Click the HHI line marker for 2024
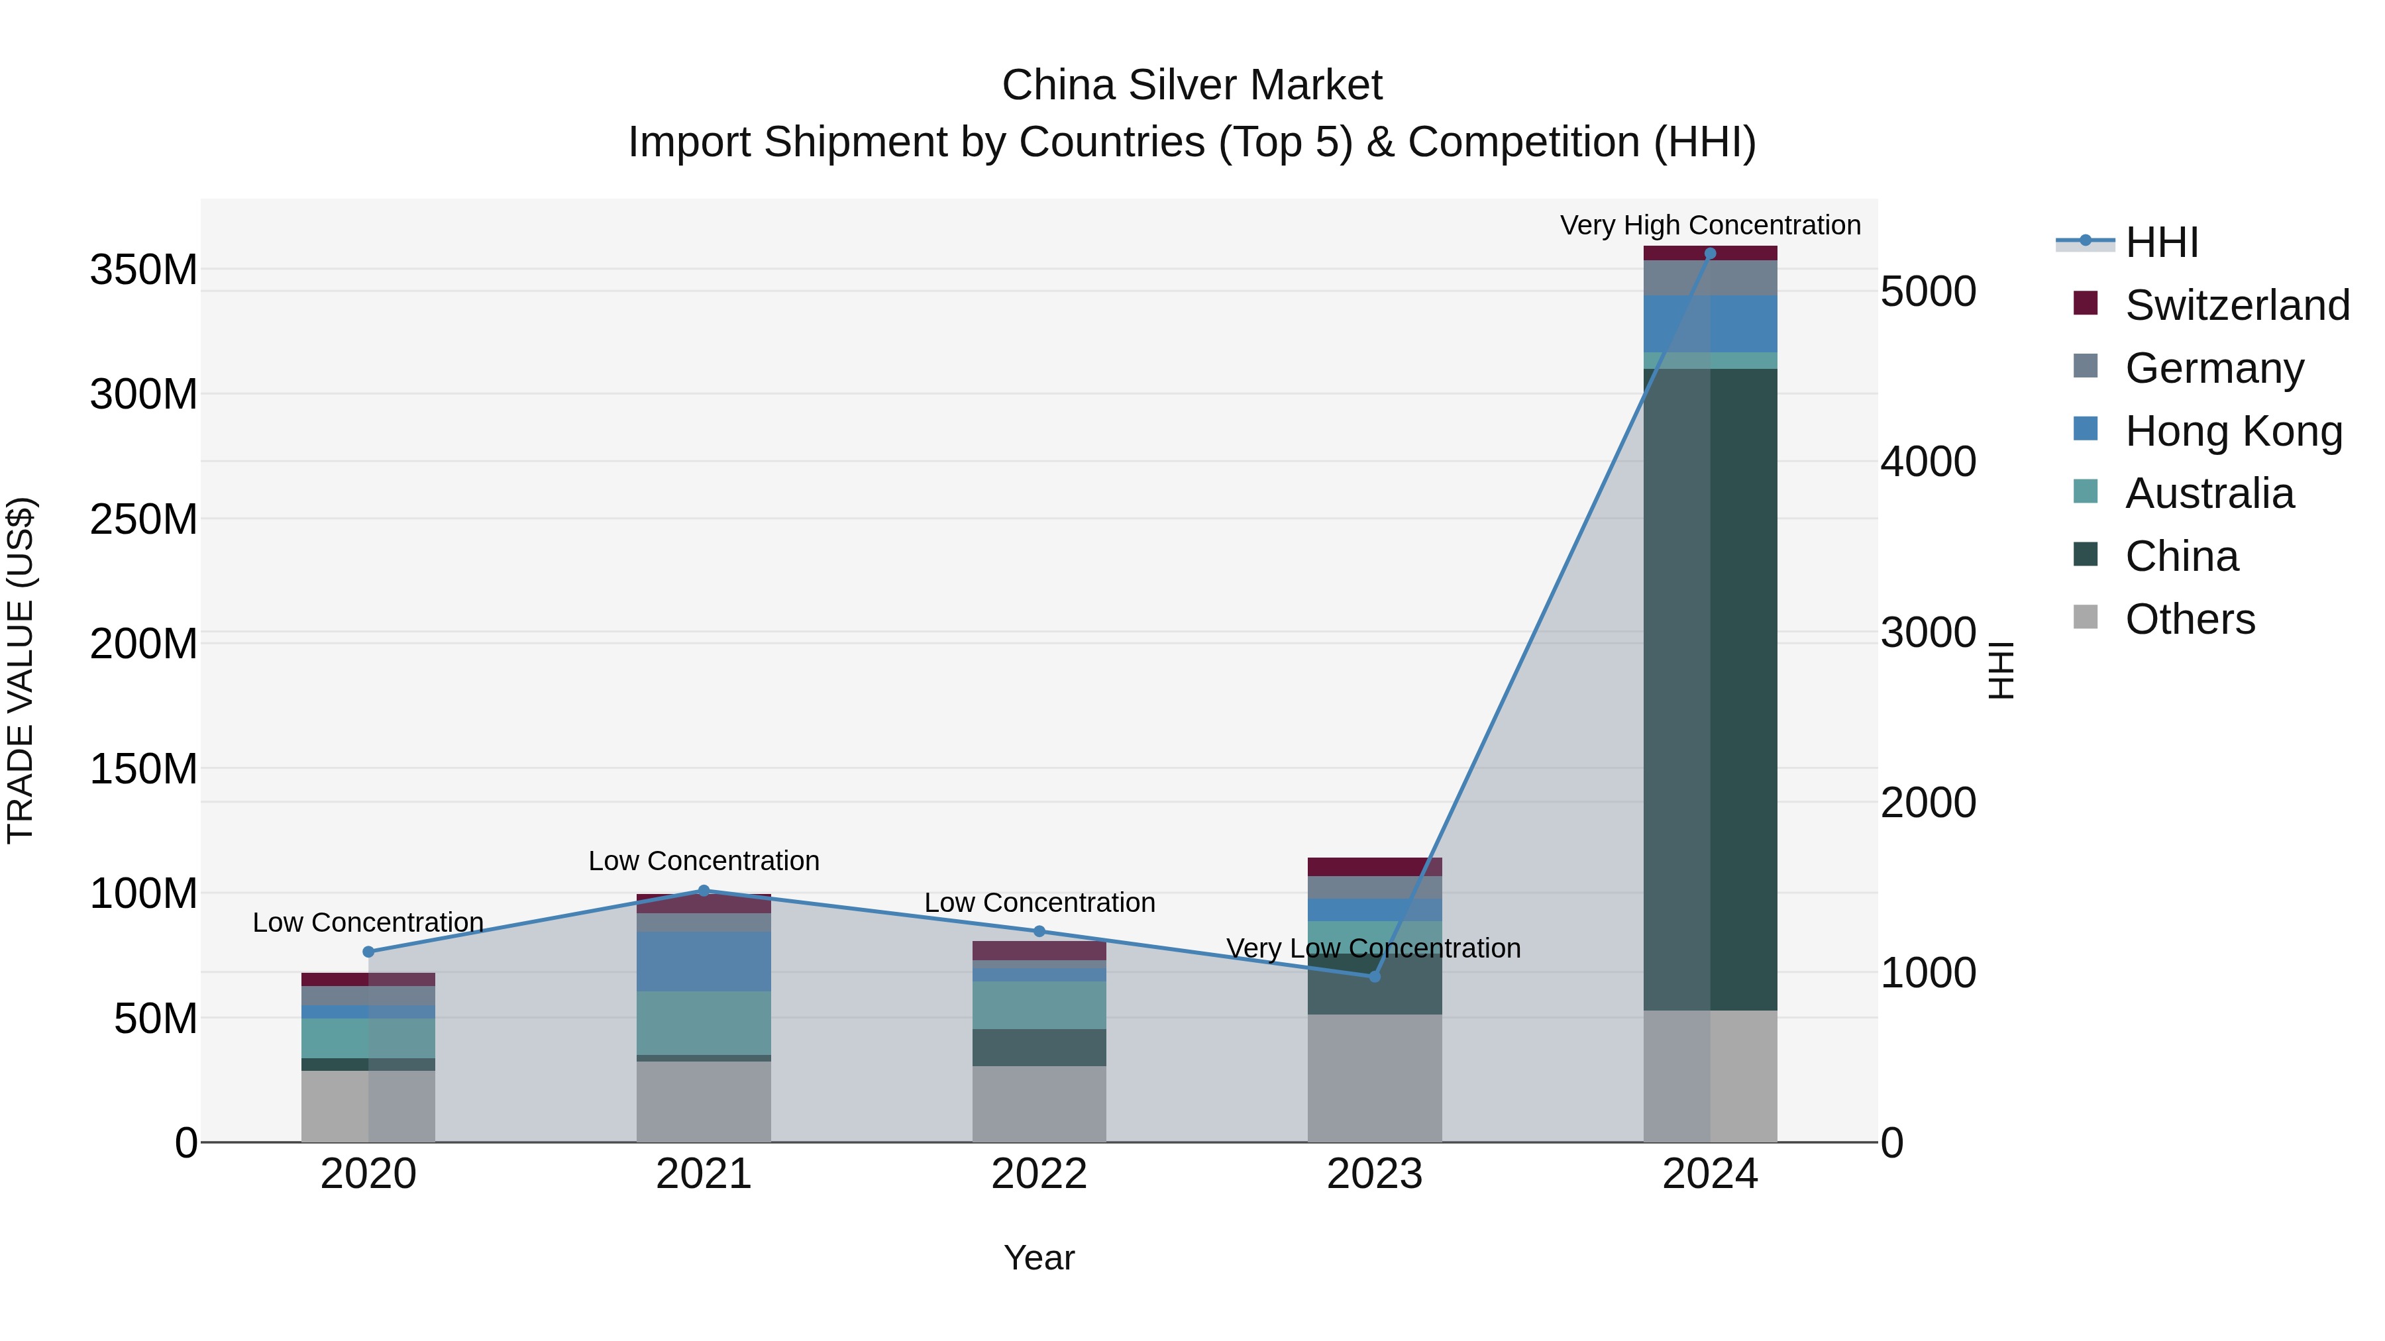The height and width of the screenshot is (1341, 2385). [x=1710, y=254]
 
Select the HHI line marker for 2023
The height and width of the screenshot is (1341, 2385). [x=1374, y=976]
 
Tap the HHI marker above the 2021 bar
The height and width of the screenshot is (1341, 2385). [x=704, y=891]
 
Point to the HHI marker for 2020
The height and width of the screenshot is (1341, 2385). [x=368, y=952]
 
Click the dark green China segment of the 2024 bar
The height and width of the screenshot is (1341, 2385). [x=1710, y=689]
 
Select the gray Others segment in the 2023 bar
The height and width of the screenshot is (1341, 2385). [x=1374, y=1078]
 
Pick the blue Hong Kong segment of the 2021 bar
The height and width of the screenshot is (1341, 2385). [x=704, y=962]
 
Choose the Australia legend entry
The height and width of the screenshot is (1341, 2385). [x=2209, y=493]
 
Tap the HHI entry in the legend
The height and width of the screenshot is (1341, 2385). [x=2161, y=242]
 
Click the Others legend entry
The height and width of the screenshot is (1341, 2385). [x=2190, y=619]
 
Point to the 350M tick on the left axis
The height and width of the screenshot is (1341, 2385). [x=144, y=270]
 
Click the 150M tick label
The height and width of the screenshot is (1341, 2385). [x=144, y=769]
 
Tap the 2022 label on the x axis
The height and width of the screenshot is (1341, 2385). [x=1039, y=1174]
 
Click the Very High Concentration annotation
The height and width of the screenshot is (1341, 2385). [x=1710, y=225]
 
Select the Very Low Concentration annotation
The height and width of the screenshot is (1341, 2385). [x=1373, y=948]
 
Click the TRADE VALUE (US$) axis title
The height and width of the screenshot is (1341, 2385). [x=21, y=670]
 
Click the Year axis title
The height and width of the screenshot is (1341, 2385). [x=1039, y=1258]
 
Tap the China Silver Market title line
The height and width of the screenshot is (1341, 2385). [x=1192, y=85]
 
